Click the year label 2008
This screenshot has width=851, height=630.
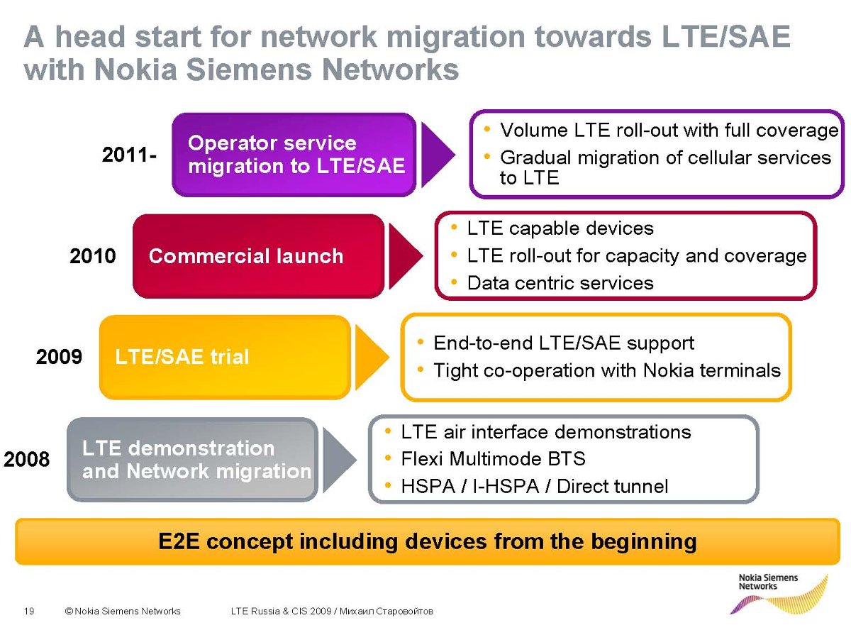(27, 460)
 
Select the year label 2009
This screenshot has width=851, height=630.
(59, 356)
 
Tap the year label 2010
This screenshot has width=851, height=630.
(92, 256)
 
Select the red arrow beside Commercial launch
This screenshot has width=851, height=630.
(405, 255)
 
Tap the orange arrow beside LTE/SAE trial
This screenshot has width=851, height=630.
(371, 356)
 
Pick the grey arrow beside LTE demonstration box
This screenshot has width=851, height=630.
(338, 459)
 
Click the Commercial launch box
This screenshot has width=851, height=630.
(258, 256)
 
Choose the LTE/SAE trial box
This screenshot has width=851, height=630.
(224, 356)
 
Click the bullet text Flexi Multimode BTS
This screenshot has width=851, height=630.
(493, 459)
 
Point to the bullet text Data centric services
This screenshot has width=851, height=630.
(560, 283)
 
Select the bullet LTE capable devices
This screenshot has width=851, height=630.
(560, 228)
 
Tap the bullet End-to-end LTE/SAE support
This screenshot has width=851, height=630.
(563, 343)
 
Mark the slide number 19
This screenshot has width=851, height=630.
(29, 611)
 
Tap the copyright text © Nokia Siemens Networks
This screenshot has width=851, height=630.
(122, 611)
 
